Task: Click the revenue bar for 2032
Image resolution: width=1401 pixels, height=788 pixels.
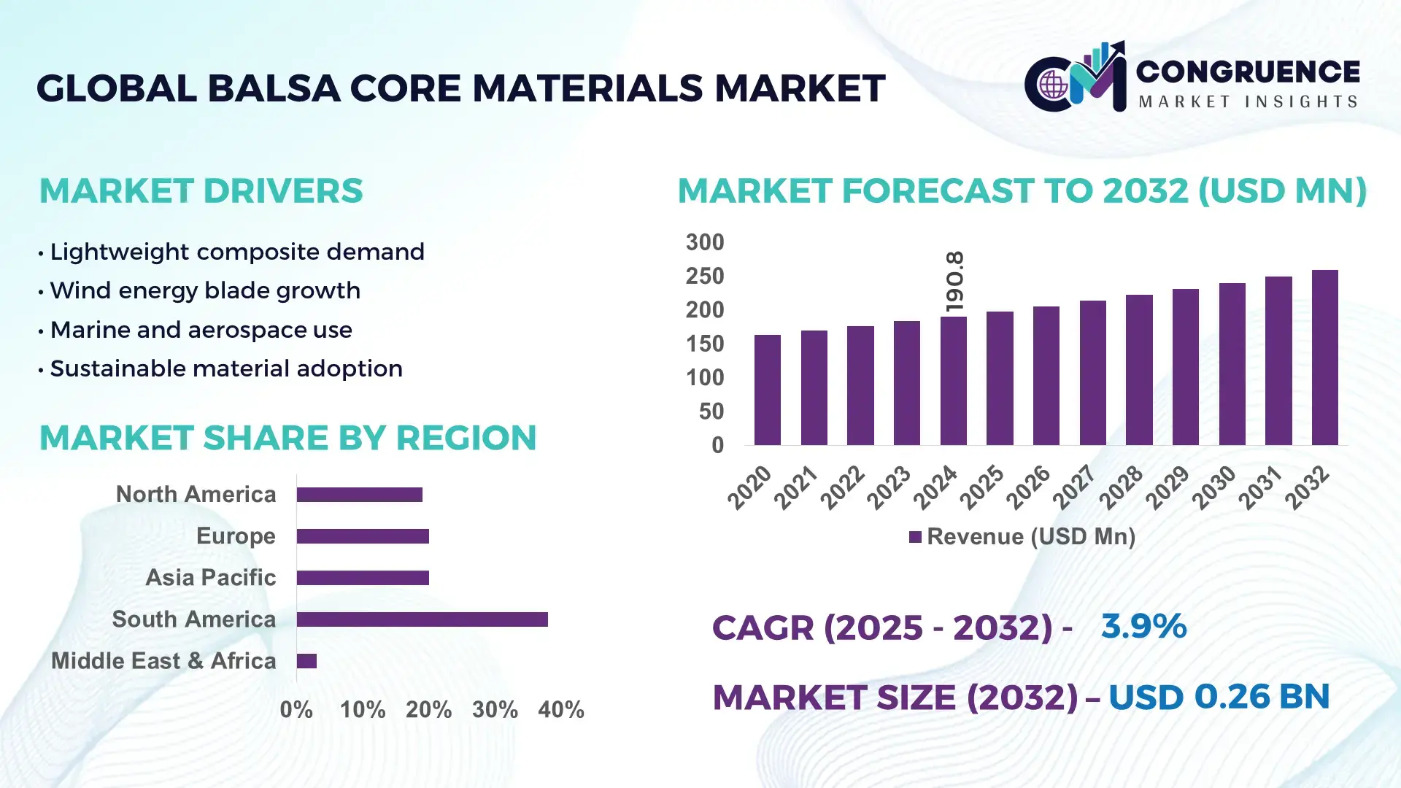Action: pos(1324,358)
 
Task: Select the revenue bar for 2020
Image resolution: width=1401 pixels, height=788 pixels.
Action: pos(767,390)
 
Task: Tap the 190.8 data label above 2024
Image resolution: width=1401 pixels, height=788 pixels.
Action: pos(954,282)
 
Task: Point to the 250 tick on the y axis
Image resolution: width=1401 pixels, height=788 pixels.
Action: pos(704,276)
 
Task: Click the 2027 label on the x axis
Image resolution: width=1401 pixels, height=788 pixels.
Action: pos(1075,487)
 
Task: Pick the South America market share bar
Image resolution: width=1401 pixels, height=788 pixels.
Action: pos(422,619)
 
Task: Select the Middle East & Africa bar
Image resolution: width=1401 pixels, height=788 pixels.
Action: pos(306,661)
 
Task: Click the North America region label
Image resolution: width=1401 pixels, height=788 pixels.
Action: pos(196,494)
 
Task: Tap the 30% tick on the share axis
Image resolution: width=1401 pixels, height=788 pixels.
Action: pos(495,709)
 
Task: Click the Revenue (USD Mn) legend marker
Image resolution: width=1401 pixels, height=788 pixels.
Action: pos(915,537)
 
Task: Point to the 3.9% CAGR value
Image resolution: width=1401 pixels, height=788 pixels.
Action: pos(1143,626)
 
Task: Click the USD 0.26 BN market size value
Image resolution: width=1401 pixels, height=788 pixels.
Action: pos(1219,697)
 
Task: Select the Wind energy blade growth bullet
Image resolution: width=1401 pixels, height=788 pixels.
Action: pos(205,290)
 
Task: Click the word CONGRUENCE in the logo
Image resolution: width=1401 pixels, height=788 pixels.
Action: pos(1248,72)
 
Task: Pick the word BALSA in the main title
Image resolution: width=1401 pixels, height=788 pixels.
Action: pos(274,88)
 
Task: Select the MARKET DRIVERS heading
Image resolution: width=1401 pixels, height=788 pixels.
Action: pos(201,191)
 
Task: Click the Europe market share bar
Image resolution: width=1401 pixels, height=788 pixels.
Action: pos(363,536)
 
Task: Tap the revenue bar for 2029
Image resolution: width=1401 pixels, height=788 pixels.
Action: pos(1185,367)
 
